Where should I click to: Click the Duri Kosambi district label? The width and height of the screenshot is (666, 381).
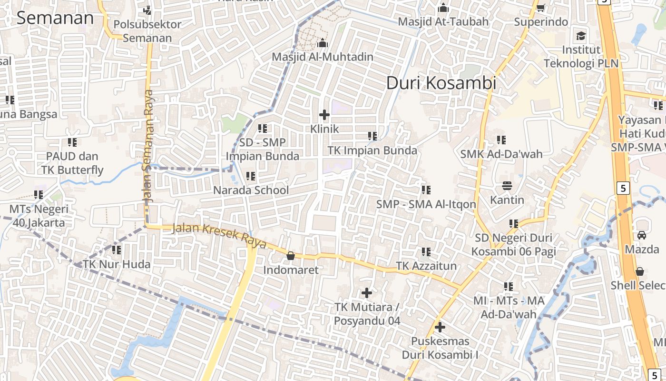click(x=441, y=83)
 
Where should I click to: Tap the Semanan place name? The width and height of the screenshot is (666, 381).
click(x=55, y=18)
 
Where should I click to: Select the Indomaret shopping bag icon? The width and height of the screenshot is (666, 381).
click(x=290, y=256)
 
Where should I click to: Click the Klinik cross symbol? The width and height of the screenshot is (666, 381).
click(x=324, y=115)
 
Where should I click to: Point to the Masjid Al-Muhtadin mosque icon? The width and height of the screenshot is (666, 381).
click(x=323, y=43)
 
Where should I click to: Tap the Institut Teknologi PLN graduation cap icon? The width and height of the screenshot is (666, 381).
click(x=581, y=36)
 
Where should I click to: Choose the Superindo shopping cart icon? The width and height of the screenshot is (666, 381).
click(x=541, y=8)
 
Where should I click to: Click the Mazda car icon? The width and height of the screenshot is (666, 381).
click(x=642, y=235)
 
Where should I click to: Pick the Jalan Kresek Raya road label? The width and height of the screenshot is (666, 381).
click(x=219, y=235)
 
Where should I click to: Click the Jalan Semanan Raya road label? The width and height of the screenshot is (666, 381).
click(x=150, y=146)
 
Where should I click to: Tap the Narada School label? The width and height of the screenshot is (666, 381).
click(x=251, y=190)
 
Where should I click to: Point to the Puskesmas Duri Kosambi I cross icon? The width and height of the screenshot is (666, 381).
click(x=440, y=327)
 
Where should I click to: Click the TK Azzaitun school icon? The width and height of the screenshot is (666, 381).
click(x=426, y=252)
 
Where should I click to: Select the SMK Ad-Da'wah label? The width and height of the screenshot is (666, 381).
click(x=501, y=154)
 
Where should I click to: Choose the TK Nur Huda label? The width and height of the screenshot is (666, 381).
click(x=117, y=264)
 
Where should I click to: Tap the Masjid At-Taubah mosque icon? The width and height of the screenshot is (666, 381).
click(x=443, y=8)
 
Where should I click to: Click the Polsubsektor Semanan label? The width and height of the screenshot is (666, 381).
click(x=147, y=31)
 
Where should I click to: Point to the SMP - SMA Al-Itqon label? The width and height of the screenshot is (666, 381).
click(x=426, y=204)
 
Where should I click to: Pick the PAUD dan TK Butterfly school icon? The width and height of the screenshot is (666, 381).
click(x=72, y=142)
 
